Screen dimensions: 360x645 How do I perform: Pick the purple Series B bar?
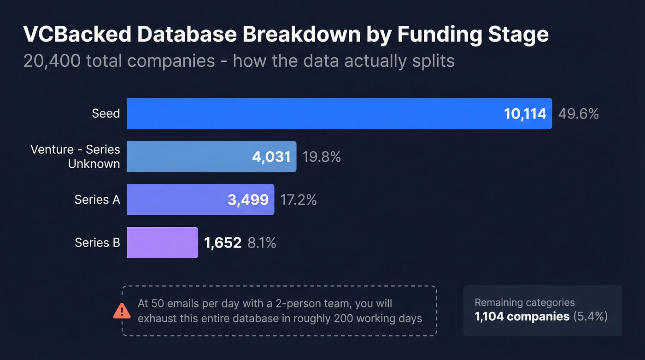[162, 242]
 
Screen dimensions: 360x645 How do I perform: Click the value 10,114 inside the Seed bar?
[525, 114]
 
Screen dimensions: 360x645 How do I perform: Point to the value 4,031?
[271, 157]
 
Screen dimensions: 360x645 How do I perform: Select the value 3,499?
[248, 200]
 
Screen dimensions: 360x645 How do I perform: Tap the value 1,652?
[223, 243]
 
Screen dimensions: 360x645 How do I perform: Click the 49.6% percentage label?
[578, 114]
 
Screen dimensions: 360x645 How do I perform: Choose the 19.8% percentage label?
[322, 157]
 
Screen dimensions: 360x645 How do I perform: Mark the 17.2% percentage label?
[298, 200]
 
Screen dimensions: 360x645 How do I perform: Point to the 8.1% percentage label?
[262, 243]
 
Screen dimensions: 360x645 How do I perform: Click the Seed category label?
[106, 113]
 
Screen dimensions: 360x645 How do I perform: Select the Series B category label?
[97, 242]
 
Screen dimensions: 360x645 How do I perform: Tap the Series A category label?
[97, 200]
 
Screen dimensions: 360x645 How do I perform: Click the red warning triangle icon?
[122, 311]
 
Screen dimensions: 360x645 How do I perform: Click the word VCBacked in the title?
[76, 35]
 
